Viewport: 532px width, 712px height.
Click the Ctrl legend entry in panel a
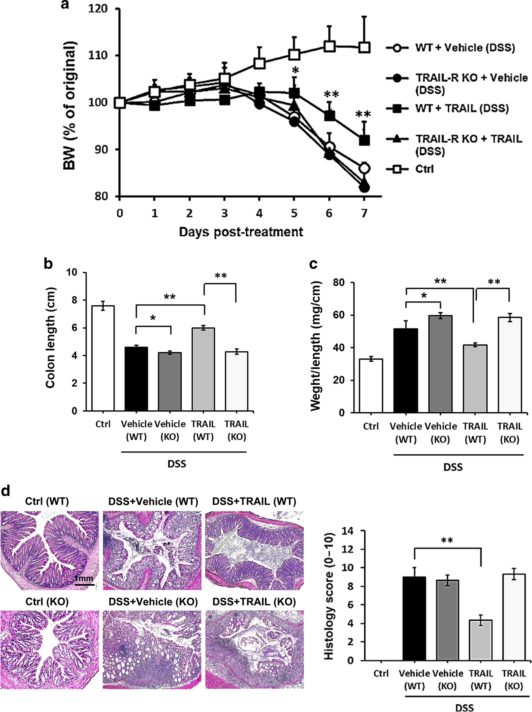coord(424,169)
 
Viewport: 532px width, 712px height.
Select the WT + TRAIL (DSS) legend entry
coord(461,109)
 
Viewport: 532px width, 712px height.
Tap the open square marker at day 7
coord(364,47)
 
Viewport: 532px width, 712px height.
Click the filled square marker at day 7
coord(364,140)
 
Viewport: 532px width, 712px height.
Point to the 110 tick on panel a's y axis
coord(98,55)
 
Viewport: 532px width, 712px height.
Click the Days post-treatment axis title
coord(241,232)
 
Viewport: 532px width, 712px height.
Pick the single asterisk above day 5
coord(295,70)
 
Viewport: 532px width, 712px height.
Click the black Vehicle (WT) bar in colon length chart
coord(136,379)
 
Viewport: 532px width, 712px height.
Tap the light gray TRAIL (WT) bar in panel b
coord(203,369)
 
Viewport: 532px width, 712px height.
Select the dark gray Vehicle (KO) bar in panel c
coord(440,364)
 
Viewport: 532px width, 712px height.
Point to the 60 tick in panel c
coord(339,315)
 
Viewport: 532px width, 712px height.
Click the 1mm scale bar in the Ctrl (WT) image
coord(84,584)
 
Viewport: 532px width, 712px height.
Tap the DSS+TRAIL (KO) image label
coord(254,602)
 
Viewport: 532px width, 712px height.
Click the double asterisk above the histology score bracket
coord(447,540)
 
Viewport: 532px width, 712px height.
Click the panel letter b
coord(48,264)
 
